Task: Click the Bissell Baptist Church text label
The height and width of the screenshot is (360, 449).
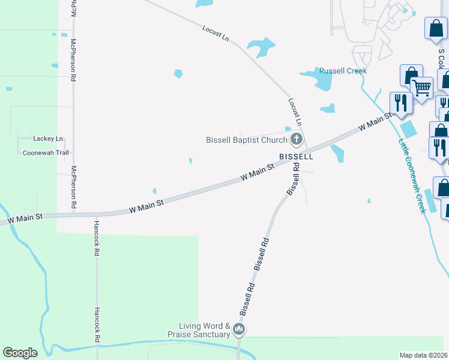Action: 247,140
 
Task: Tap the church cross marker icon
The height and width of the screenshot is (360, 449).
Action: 296,140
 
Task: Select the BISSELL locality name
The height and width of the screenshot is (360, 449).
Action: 296,156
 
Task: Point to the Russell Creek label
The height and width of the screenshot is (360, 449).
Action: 343,71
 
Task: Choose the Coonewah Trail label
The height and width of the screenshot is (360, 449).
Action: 46,153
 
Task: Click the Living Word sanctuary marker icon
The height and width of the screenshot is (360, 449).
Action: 239,329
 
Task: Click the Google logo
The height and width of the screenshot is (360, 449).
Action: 20,353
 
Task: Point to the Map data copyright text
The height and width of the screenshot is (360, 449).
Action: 424,355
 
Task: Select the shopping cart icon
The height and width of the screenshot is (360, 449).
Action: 422,88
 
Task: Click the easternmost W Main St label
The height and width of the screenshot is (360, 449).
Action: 370,124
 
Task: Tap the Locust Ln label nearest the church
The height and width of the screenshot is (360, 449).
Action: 295,110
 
